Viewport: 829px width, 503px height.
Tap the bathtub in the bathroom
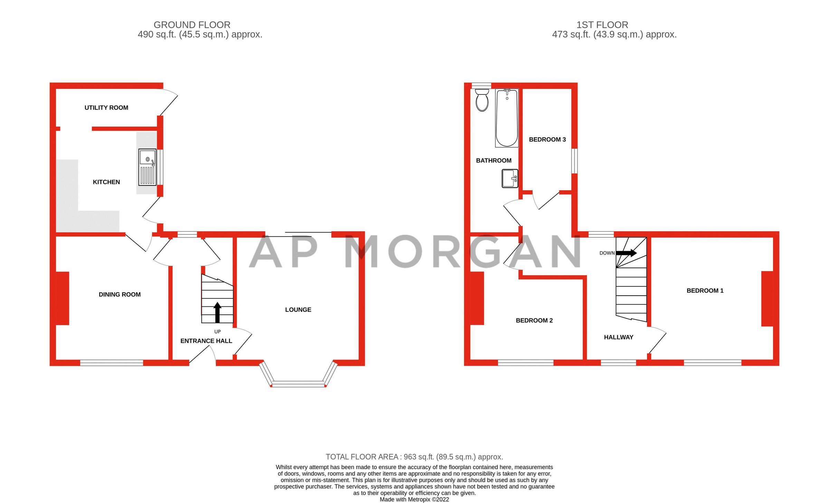click(507, 118)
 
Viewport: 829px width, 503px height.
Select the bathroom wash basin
click(509, 178)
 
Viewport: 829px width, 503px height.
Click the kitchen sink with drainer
click(147, 167)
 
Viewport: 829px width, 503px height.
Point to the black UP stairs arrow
click(217, 312)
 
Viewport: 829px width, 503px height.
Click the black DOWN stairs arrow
click(626, 253)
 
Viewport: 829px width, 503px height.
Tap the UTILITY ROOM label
click(106, 108)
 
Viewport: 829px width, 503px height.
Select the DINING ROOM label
click(120, 294)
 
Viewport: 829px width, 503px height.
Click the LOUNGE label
click(298, 310)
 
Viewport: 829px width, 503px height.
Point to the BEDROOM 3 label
click(547, 139)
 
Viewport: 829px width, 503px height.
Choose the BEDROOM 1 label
click(705, 290)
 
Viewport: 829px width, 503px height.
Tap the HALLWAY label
click(618, 337)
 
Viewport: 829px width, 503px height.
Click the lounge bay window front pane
click(298, 384)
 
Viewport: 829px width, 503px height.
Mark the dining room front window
click(111, 363)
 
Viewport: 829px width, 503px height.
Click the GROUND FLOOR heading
click(192, 25)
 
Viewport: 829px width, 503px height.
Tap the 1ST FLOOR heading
click(602, 25)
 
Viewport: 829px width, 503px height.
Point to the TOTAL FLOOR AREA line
click(414, 457)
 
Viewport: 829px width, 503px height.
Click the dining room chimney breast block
click(62, 298)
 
